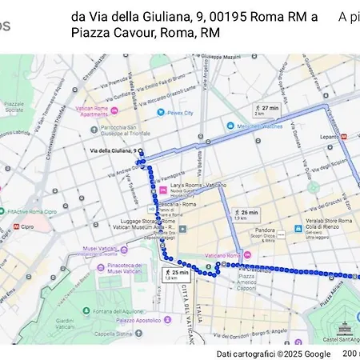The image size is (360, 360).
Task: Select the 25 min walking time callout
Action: [175, 274]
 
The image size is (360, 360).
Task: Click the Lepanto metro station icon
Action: [343, 137]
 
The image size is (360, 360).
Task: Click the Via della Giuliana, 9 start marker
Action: [140, 151]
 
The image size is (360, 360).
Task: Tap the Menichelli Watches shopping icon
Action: [230, 126]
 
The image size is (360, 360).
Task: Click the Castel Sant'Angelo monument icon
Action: [345, 327]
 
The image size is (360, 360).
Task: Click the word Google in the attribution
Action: [317, 354]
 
